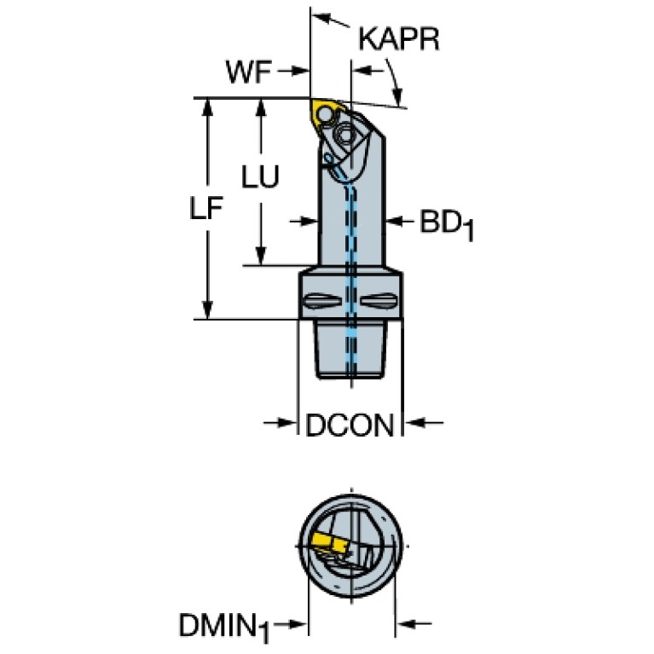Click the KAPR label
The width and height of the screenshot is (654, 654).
(x=399, y=39)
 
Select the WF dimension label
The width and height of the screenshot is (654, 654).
(x=249, y=72)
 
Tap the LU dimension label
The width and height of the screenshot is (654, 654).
(x=260, y=176)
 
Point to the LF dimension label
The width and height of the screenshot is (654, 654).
(x=206, y=208)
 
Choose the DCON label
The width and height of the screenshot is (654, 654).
(x=350, y=425)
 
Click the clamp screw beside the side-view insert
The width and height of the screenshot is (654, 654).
(x=345, y=135)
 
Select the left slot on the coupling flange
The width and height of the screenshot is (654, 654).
(x=323, y=301)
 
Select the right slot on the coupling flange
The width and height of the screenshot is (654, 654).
(x=379, y=301)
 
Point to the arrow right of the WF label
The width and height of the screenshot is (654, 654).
(x=293, y=71)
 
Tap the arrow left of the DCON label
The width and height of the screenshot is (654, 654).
(x=280, y=423)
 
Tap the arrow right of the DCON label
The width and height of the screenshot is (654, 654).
(x=424, y=423)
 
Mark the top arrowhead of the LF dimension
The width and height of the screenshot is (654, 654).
(x=207, y=107)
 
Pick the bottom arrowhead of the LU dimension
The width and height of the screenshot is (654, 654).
(x=261, y=256)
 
